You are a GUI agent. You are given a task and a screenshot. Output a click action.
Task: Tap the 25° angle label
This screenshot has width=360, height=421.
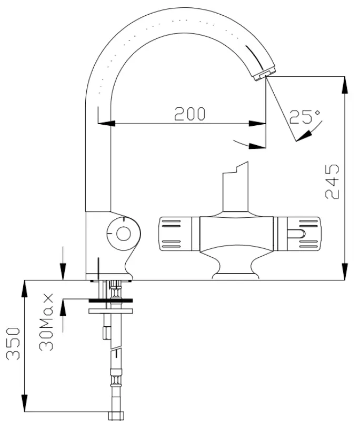pos(305,117)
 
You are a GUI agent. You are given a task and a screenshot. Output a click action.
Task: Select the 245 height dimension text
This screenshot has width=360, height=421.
pos(332,182)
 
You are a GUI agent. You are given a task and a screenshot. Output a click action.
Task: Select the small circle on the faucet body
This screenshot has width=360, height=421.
pos(123,233)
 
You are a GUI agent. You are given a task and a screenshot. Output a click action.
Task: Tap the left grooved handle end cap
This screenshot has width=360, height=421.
pos(177,232)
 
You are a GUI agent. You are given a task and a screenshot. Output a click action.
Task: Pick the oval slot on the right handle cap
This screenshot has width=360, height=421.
pos(297,233)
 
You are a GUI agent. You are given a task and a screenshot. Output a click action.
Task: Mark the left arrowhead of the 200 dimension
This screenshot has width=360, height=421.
pos(105,124)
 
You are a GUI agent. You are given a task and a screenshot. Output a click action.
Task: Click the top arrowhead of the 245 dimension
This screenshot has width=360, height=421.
pos(344,84)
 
